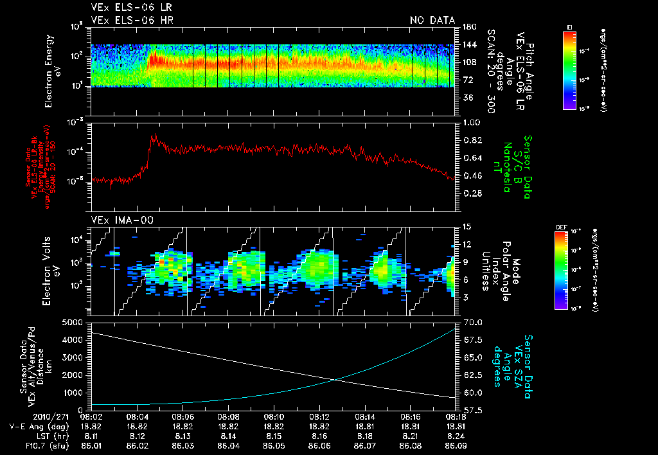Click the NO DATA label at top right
point(432,21)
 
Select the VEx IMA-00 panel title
point(118,220)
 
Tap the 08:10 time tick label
point(274,416)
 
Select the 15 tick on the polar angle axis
point(467,226)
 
